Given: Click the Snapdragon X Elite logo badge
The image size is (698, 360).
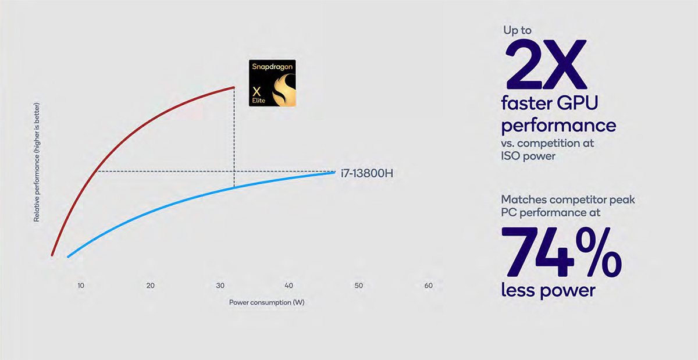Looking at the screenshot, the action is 272,83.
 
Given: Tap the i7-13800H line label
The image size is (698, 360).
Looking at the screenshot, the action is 367,173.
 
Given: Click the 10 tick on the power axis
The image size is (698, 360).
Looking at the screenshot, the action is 81,286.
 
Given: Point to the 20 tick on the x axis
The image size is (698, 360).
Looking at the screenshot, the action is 151,286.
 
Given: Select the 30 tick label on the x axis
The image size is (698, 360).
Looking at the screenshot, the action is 220,286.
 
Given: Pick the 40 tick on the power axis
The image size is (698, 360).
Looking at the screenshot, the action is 289,286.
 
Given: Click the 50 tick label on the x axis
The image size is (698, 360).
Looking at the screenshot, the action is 359,286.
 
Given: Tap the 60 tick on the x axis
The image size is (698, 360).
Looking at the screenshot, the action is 429,286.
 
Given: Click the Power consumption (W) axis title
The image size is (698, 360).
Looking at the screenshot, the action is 267,302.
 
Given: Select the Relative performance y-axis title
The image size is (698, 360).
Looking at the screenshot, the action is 37,162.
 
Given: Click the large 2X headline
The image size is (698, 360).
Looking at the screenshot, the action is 546,65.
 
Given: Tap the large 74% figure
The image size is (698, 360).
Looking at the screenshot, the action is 561,252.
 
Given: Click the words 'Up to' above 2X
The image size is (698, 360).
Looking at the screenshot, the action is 518,30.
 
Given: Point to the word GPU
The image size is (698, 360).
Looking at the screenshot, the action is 578,102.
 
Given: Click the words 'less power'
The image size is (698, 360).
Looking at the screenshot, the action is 548,290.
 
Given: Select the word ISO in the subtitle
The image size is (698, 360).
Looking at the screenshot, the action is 510,156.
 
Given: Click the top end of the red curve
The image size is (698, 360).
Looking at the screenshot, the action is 234,87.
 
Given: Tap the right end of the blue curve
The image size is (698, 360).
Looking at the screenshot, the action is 334,172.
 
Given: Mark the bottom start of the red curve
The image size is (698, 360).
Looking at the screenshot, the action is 52,255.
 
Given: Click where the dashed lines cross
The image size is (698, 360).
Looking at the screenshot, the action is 234,171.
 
